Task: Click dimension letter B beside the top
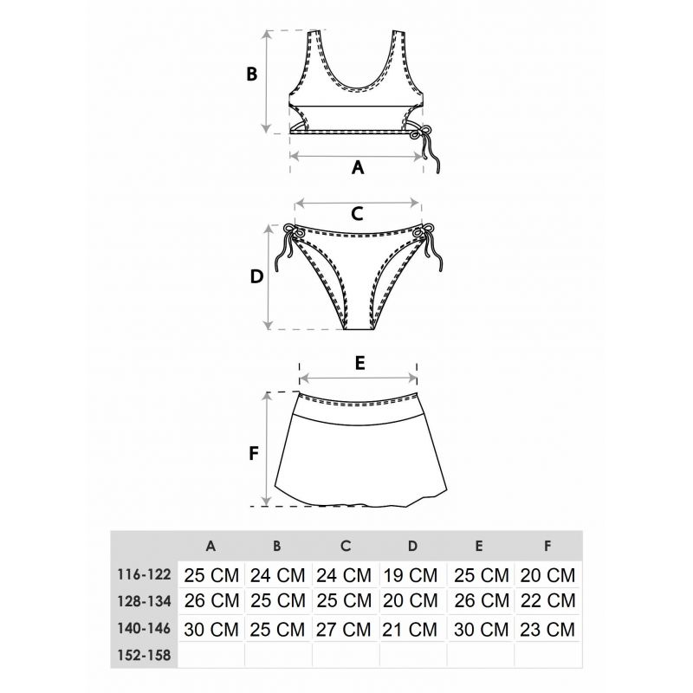coord(251,74)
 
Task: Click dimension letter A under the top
coord(358,167)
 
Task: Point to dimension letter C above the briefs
coord(357,214)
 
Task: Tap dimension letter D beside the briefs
coord(256,276)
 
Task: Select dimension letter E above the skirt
coord(360,363)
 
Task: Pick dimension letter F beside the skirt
coord(254,453)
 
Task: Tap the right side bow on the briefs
coord(427,245)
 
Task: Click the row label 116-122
coord(144,574)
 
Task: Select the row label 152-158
coord(144,655)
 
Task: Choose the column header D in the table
coord(412,547)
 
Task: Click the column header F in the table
coord(547,547)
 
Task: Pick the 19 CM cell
coord(410,575)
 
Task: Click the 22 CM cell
coord(548,600)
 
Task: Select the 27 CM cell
coord(343,630)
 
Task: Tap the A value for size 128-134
coord(211,600)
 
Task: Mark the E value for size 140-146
coord(482,630)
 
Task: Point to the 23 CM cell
coord(547,630)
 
